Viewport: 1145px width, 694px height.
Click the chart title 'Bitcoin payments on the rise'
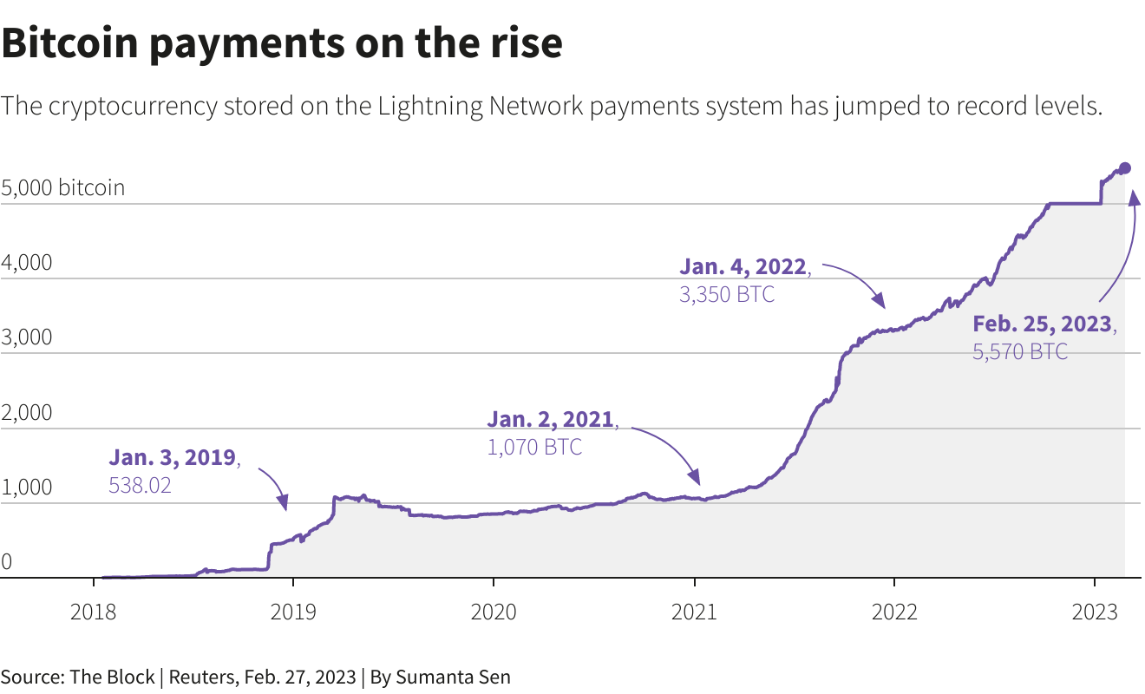point(282,43)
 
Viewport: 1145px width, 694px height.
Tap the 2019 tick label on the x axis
point(293,612)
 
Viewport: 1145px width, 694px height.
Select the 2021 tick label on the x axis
point(694,612)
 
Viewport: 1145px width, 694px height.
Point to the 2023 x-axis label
point(1095,612)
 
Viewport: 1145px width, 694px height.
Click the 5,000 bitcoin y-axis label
point(63,187)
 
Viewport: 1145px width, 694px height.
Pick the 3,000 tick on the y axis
point(26,337)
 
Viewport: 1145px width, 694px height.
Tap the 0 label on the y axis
point(7,562)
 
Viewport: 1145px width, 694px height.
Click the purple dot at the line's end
point(1125,168)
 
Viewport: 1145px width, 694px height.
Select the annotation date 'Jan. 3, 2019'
point(173,457)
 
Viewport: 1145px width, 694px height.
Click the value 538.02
point(140,485)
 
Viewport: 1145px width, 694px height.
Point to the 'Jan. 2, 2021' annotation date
point(551,420)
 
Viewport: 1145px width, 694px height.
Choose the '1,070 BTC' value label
point(534,448)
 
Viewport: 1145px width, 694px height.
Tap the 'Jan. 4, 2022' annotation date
point(743,266)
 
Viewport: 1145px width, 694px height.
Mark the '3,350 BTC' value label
point(727,294)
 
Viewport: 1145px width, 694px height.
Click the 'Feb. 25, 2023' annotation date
point(1042,324)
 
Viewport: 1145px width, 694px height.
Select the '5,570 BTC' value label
point(1020,351)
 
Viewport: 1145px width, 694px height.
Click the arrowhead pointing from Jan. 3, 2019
point(283,502)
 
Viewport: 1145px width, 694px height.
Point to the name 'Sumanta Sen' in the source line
point(461,677)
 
